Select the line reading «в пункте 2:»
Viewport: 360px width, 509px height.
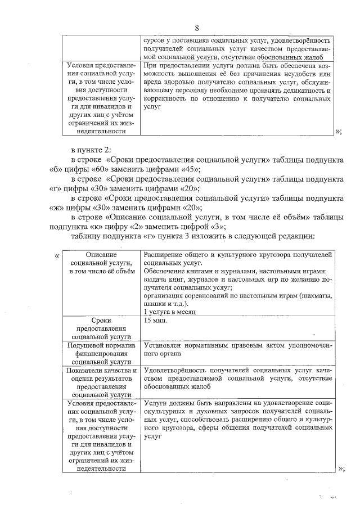91,150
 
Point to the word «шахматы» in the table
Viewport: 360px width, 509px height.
317,295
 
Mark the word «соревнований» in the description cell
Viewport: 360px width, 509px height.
204,295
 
